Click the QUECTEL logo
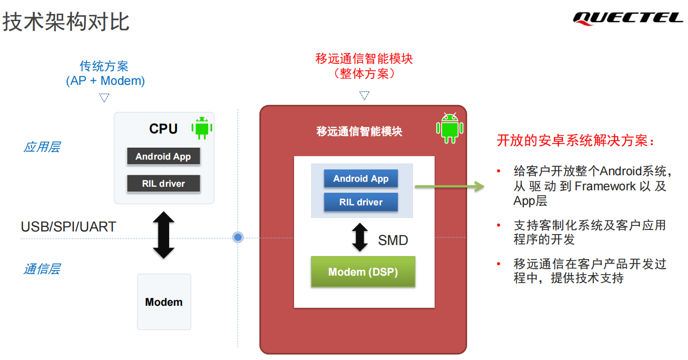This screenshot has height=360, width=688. (628, 18)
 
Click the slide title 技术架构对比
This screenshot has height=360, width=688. (66, 23)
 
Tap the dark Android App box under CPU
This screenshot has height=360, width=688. (163, 157)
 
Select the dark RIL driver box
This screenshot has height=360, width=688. (163, 183)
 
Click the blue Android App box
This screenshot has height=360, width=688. (361, 179)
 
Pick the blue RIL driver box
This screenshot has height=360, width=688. (361, 202)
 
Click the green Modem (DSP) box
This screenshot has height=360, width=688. (363, 272)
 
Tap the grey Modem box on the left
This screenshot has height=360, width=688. (164, 302)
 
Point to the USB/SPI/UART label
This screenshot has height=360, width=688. (68, 227)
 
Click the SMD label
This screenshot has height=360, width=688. (393, 241)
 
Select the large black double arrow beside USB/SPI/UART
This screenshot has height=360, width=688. (164, 235)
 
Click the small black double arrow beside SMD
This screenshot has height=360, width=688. (360, 237)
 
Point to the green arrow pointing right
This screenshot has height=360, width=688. (449, 187)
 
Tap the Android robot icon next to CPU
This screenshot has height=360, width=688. (202, 128)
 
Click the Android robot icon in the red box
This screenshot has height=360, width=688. (449, 128)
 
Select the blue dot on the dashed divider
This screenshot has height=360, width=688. (238, 237)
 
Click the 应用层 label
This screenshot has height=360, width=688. (42, 147)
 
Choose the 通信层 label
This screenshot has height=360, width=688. (42, 269)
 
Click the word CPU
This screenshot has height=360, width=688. (163, 129)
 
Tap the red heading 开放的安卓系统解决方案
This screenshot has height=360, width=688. (576, 141)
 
